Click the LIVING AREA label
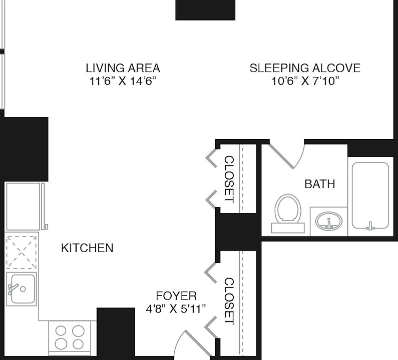123,68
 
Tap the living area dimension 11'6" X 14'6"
123,81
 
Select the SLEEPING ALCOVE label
305,68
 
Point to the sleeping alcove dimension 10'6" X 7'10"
305,81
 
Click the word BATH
320,184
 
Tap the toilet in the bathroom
288,213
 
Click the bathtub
370,196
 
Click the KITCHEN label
87,248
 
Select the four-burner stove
70,336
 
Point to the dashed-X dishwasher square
22,252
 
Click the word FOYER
176,296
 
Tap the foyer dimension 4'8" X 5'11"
176,309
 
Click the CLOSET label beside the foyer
229,301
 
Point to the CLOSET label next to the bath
229,179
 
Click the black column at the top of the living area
205,10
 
